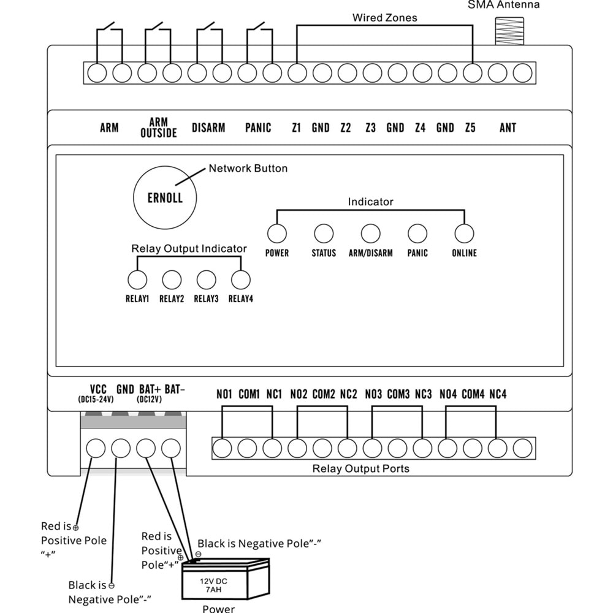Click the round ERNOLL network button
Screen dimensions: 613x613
point(164,197)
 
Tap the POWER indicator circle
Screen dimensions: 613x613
point(277,234)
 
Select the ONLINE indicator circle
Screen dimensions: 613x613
point(464,234)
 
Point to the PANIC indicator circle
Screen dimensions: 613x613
point(417,234)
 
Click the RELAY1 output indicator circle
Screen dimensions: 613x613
point(137,280)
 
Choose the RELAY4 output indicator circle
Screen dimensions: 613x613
point(241,280)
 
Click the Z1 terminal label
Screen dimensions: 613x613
point(297,128)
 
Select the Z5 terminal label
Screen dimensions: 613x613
point(470,128)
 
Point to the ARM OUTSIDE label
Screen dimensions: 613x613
point(159,128)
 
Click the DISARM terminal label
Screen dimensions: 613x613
point(208,128)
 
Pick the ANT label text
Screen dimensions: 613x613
point(508,128)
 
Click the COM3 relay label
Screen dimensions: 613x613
point(398,394)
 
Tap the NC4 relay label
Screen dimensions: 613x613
point(498,394)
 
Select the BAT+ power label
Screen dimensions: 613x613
point(150,389)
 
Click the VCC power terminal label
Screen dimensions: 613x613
point(98,389)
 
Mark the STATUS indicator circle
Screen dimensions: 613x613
point(324,234)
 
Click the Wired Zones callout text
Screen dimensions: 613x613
point(384,18)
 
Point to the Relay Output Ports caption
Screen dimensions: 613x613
point(361,469)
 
